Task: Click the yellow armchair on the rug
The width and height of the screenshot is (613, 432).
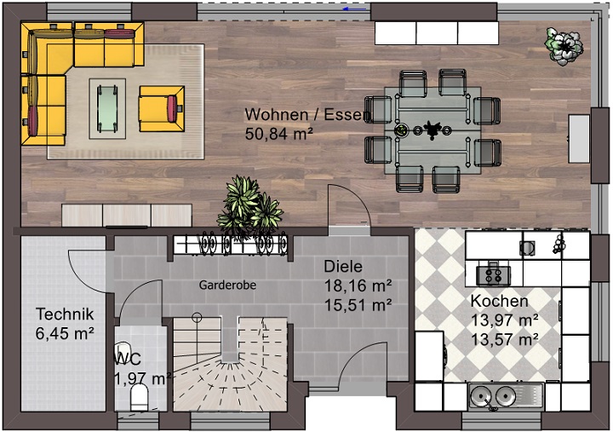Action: pyautogui.click(x=162, y=108)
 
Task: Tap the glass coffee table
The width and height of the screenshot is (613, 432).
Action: pyautogui.click(x=107, y=108)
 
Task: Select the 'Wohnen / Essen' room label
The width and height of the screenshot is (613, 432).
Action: pyautogui.click(x=307, y=115)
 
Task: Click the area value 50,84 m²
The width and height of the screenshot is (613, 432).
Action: pyautogui.click(x=278, y=134)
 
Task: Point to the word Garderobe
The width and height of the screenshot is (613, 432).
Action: pyautogui.click(x=227, y=285)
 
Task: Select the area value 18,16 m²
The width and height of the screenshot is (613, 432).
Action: pyautogui.click(x=358, y=285)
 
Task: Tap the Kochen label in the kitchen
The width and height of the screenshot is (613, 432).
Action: pyautogui.click(x=499, y=301)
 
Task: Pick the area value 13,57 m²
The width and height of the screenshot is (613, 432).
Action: pyautogui.click(x=504, y=339)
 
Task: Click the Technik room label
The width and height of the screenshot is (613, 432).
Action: pyautogui.click(x=65, y=314)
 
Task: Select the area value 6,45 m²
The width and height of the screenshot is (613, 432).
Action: pyautogui.click(x=65, y=333)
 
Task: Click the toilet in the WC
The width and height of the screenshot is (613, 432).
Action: pyautogui.click(x=139, y=397)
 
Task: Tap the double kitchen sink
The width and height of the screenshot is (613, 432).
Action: pyautogui.click(x=506, y=395)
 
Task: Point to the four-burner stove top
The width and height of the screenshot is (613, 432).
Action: pyautogui.click(x=493, y=275)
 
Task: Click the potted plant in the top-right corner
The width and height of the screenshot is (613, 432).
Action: pyautogui.click(x=564, y=46)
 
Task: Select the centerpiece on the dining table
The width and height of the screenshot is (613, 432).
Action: pyautogui.click(x=433, y=130)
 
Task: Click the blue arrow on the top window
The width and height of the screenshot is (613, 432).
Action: pyautogui.click(x=354, y=9)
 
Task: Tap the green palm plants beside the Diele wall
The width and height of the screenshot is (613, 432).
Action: pyautogui.click(x=249, y=206)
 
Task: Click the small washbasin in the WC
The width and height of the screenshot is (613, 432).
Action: pyautogui.click(x=123, y=349)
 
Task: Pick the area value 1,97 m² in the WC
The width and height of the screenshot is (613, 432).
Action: pyautogui.click(x=143, y=379)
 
